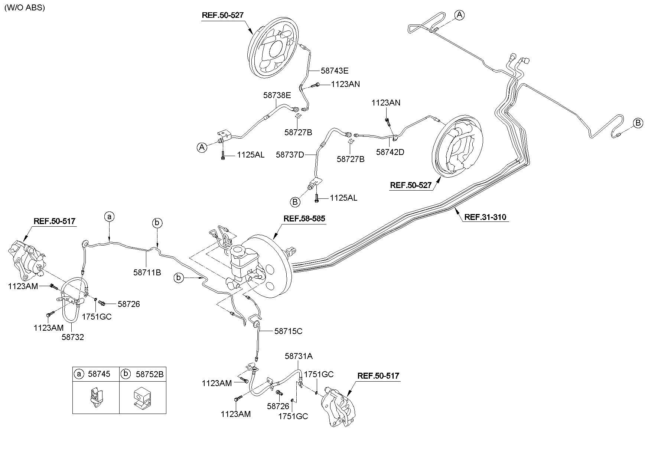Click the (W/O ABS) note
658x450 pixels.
[25, 8]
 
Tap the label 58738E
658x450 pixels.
[277, 95]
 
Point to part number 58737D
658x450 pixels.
[290, 154]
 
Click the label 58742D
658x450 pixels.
[390, 152]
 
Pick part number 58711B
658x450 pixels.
[147, 272]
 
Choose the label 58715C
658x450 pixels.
[288, 331]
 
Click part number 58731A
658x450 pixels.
[299, 356]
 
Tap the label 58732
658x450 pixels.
[73, 337]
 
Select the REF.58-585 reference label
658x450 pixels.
[304, 218]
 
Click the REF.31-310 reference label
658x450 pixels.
[485, 217]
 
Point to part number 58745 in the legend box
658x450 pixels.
[99, 374]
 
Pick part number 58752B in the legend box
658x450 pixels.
[149, 374]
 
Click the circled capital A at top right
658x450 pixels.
[460, 15]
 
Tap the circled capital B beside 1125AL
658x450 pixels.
[295, 202]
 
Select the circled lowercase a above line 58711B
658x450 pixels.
[109, 216]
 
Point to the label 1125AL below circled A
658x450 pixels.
[251, 155]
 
